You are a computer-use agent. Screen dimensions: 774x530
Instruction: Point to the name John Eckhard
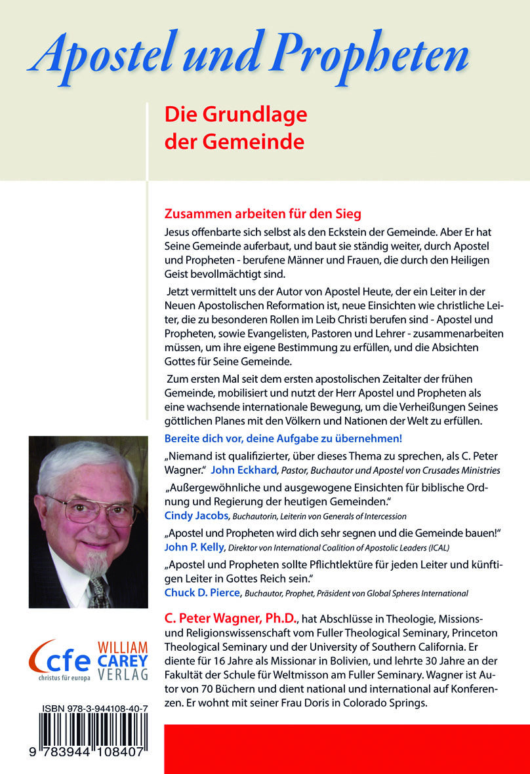click(241, 469)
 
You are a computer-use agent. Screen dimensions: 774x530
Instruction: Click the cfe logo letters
click(63, 656)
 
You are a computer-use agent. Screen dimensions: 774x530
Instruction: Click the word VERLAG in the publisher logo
click(123, 674)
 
